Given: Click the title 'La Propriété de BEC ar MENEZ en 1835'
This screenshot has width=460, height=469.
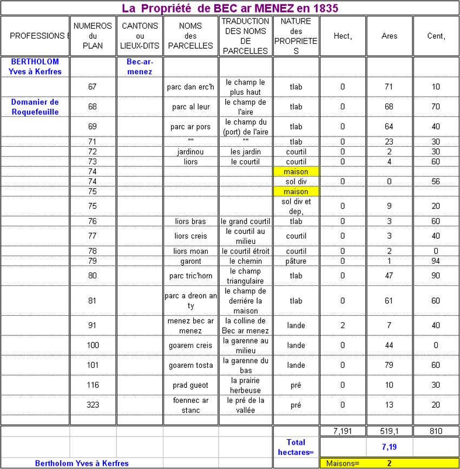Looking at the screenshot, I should (x=229, y=8).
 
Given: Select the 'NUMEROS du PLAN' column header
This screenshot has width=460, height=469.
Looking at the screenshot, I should (x=93, y=36).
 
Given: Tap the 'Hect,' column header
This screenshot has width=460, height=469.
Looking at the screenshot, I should (x=343, y=36).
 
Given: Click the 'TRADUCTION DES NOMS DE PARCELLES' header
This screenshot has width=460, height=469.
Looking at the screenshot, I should (x=245, y=36).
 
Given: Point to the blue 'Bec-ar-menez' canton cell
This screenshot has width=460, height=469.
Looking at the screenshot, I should (x=139, y=67).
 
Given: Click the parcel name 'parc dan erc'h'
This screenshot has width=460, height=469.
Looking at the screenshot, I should (x=190, y=87).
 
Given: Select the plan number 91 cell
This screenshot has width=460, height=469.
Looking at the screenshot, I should (x=93, y=325).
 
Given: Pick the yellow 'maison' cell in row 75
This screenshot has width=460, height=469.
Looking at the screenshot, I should (x=295, y=192).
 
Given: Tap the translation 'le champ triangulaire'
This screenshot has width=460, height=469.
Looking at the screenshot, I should (x=245, y=276).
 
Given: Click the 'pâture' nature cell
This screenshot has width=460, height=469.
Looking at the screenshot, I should (x=295, y=261).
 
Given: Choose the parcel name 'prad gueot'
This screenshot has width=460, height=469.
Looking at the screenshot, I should (x=190, y=385).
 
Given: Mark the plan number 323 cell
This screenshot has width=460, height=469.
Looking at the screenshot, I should (x=93, y=405).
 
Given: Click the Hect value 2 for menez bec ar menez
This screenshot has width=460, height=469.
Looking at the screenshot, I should (x=343, y=325).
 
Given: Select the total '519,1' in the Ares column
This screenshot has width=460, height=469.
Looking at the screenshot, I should (x=389, y=431).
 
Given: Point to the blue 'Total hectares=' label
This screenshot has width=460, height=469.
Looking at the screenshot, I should (x=295, y=447).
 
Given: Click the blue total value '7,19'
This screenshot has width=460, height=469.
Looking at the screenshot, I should (x=389, y=447).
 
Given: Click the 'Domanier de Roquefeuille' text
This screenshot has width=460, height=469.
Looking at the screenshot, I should (x=35, y=107).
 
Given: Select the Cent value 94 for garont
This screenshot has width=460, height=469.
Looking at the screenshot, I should (x=436, y=261).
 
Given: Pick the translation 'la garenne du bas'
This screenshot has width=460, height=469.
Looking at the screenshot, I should (x=245, y=365).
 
